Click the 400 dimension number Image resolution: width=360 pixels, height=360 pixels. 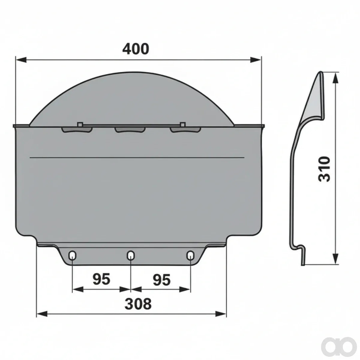pos(136,49)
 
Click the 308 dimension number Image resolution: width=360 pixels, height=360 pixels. pos(138,304)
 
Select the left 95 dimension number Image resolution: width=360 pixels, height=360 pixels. pos(101,279)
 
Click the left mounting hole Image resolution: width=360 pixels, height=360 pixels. pos(73,255)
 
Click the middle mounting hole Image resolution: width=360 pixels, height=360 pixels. pos(131,255)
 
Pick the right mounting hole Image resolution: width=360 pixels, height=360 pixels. pos(190,255)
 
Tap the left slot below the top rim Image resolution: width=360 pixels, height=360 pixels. pos(77,130)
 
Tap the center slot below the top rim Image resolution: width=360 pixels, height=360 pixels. pos(130,130)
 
